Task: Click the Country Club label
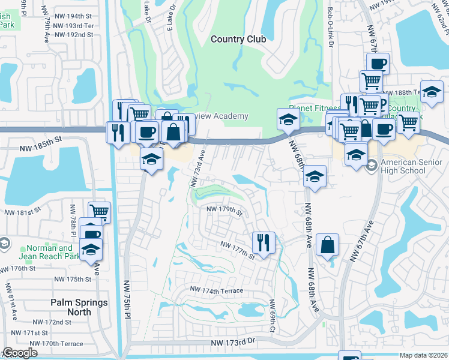[x=238, y=39]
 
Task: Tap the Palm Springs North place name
[x=79, y=307]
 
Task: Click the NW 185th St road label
[x=41, y=139]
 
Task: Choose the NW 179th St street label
[x=224, y=210]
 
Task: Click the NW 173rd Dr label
[x=234, y=342]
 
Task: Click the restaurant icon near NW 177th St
[x=264, y=242]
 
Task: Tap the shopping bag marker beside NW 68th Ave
[x=327, y=244]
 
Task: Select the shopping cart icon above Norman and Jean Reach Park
[x=99, y=211]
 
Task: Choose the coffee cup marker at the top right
[x=378, y=63]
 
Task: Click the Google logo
[x=20, y=353]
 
